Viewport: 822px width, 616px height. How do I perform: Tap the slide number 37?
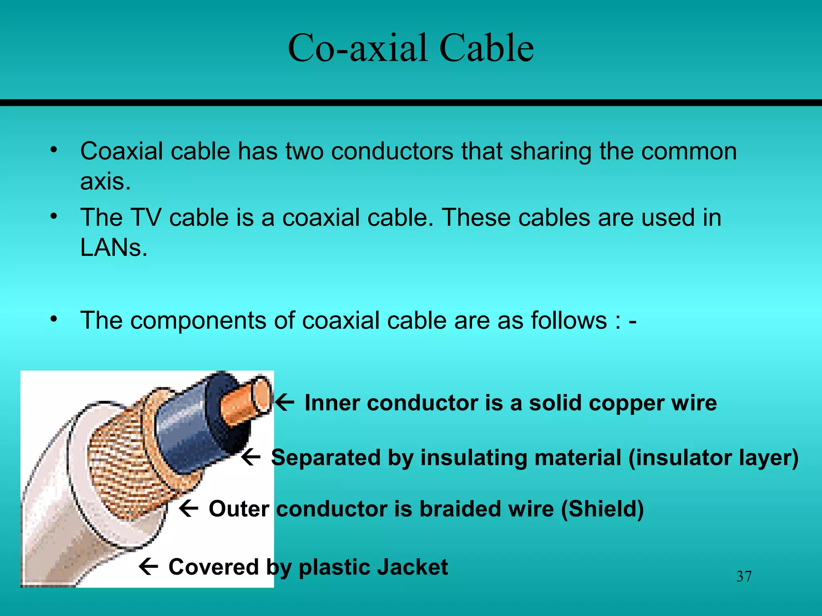coord(744,577)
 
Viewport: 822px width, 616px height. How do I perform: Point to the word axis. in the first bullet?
coord(105,182)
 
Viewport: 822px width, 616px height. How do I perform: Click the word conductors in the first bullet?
coord(392,152)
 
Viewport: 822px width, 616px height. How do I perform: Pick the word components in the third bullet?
coord(198,321)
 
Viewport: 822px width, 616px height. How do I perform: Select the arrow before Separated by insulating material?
coord(251,457)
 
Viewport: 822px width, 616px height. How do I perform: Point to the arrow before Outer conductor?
coord(189,508)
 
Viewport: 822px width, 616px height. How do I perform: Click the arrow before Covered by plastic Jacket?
coord(148,566)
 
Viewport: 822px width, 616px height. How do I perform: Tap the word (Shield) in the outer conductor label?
coord(602,509)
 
